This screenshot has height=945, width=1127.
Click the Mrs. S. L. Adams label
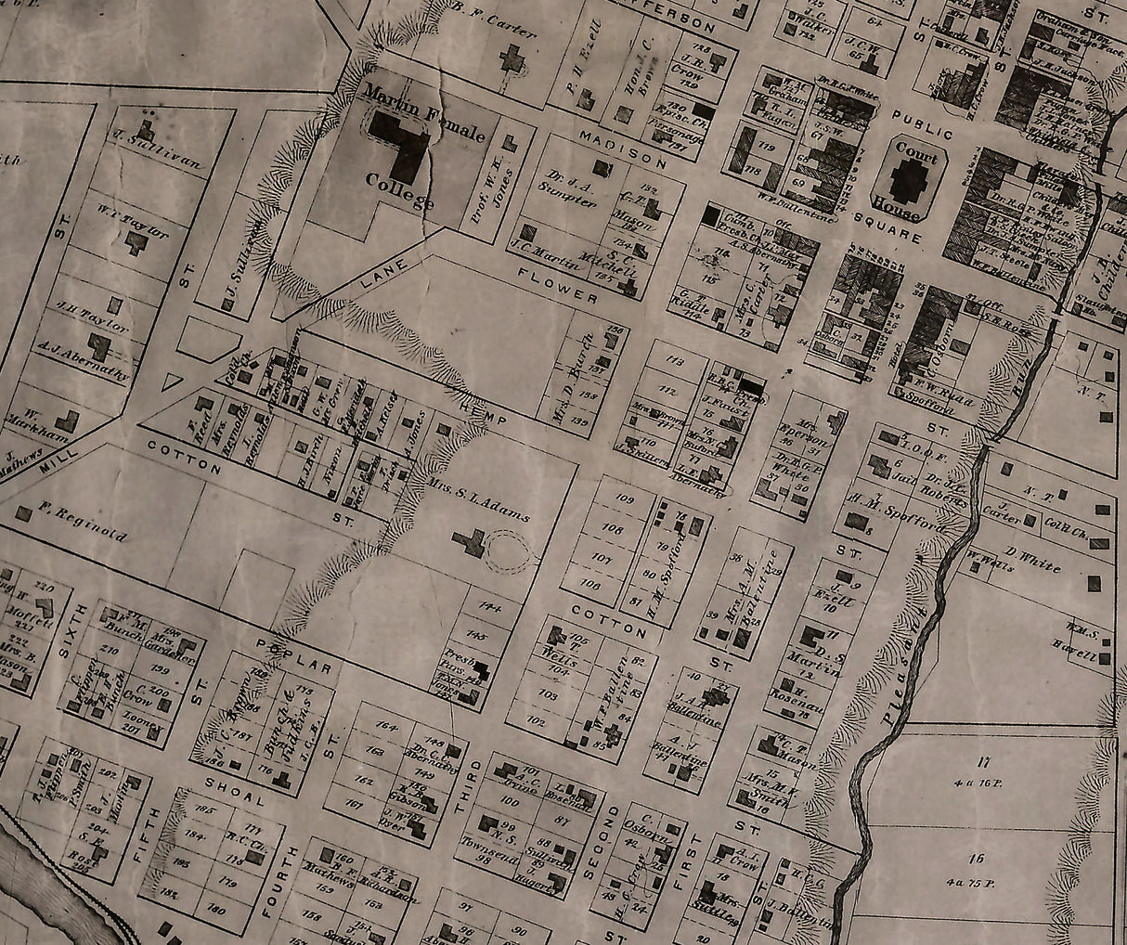coord(479,502)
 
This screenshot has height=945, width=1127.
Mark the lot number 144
coord(485,607)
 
